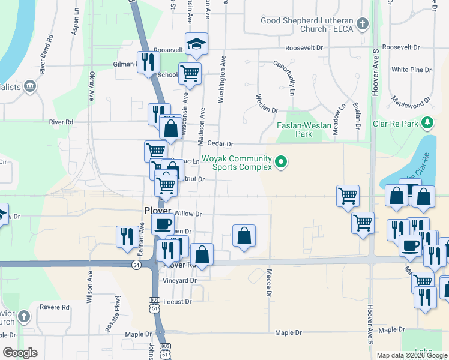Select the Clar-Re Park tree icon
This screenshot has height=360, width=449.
coord(427,124)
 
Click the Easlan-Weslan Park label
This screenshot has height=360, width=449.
coord(303,130)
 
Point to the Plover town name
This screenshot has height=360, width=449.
coord(158,210)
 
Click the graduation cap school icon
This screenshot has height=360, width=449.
coord(196,44)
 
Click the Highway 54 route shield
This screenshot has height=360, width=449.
coord(137,265)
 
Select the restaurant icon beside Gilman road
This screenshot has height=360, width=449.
coord(148,62)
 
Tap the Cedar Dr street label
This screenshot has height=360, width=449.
coord(220,144)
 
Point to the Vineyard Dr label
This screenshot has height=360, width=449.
coord(181,280)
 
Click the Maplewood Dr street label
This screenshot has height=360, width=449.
coord(411,96)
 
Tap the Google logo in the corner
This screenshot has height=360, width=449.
coord(20,353)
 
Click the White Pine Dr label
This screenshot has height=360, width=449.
coord(411,70)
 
